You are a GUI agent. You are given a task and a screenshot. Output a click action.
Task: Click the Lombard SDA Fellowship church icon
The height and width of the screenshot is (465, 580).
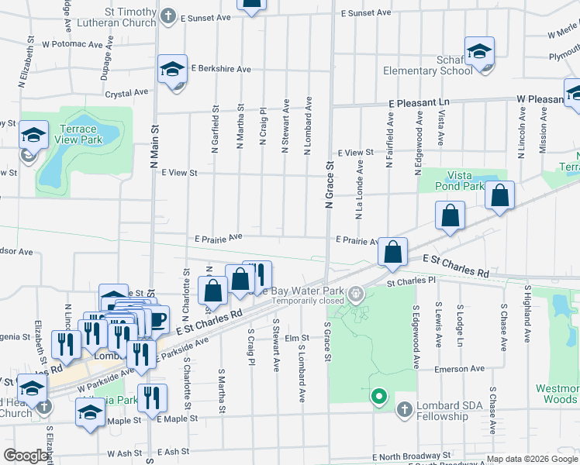pos(405,408)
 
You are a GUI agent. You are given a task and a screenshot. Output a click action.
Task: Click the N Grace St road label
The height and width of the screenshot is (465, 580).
pos(329,184)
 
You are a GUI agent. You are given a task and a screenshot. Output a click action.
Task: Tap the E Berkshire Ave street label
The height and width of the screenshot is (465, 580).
pos(221,69)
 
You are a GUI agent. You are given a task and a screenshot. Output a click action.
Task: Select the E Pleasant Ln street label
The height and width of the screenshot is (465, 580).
pos(419,102)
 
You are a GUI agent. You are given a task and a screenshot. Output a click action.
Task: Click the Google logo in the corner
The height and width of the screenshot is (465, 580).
pos(25,456)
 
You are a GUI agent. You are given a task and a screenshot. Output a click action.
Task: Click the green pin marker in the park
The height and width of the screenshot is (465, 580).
pos(379,397)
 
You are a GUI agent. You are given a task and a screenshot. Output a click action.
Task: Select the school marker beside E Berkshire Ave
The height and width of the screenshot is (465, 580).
pos(172,70)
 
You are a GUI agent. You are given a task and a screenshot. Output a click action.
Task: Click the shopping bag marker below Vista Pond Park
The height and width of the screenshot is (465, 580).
pos(450,217)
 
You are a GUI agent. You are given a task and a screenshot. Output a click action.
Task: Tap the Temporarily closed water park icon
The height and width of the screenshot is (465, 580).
pos(356,293)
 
